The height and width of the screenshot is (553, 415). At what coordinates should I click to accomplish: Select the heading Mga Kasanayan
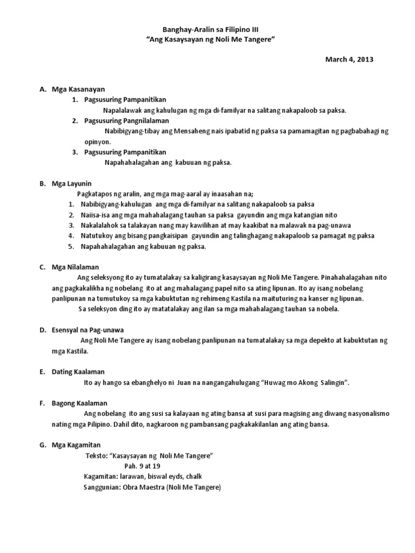(x=78, y=89)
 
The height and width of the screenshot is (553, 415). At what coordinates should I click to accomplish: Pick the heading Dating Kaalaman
(x=78, y=372)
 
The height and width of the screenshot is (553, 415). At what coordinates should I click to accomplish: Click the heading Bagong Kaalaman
(x=79, y=403)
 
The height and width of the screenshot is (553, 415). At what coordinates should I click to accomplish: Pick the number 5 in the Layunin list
(x=71, y=246)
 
